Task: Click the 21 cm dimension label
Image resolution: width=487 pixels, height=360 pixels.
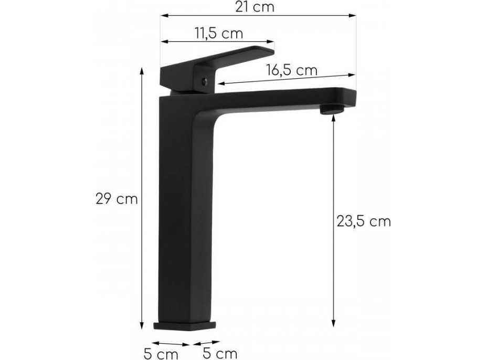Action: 255,7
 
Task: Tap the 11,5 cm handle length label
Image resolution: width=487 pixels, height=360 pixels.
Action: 219,33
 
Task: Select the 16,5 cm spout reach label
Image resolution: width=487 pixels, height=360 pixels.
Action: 292,70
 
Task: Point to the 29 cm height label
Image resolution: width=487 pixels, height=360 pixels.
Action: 117,199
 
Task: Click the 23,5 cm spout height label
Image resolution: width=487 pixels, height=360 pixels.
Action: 364,221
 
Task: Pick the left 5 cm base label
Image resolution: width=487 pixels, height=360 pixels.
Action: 161,354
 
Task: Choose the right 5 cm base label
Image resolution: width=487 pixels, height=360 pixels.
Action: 220,353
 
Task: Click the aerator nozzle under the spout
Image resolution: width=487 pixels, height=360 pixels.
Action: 332,109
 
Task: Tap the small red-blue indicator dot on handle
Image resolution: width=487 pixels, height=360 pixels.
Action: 204,82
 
